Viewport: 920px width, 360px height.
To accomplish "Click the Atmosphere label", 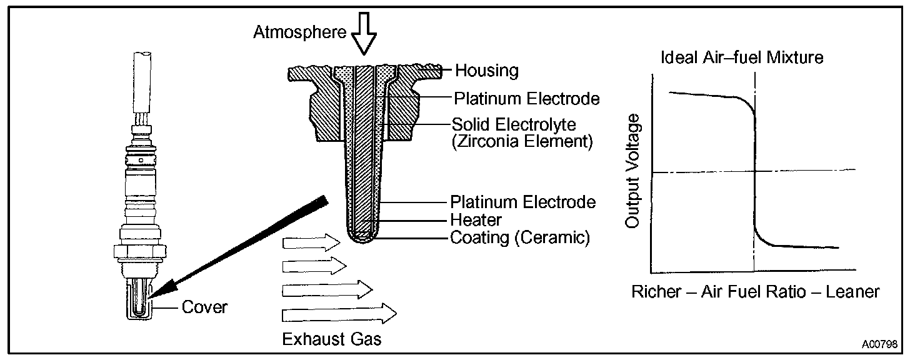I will (299, 32).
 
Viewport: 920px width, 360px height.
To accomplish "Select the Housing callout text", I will (486, 71).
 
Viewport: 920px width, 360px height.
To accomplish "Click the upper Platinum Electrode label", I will (526, 99).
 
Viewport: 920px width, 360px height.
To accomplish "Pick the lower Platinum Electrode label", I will (522, 202).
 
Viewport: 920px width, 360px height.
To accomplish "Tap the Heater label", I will (476, 220).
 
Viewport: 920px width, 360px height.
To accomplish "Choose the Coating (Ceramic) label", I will (519, 238).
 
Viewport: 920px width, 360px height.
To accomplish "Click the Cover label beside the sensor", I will (204, 307).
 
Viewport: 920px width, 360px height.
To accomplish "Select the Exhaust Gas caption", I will (331, 339).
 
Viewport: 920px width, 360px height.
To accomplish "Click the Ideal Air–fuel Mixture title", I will (742, 58).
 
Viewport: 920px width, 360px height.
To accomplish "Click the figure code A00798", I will (879, 344).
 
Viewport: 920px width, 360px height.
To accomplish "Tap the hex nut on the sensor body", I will (140, 251).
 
